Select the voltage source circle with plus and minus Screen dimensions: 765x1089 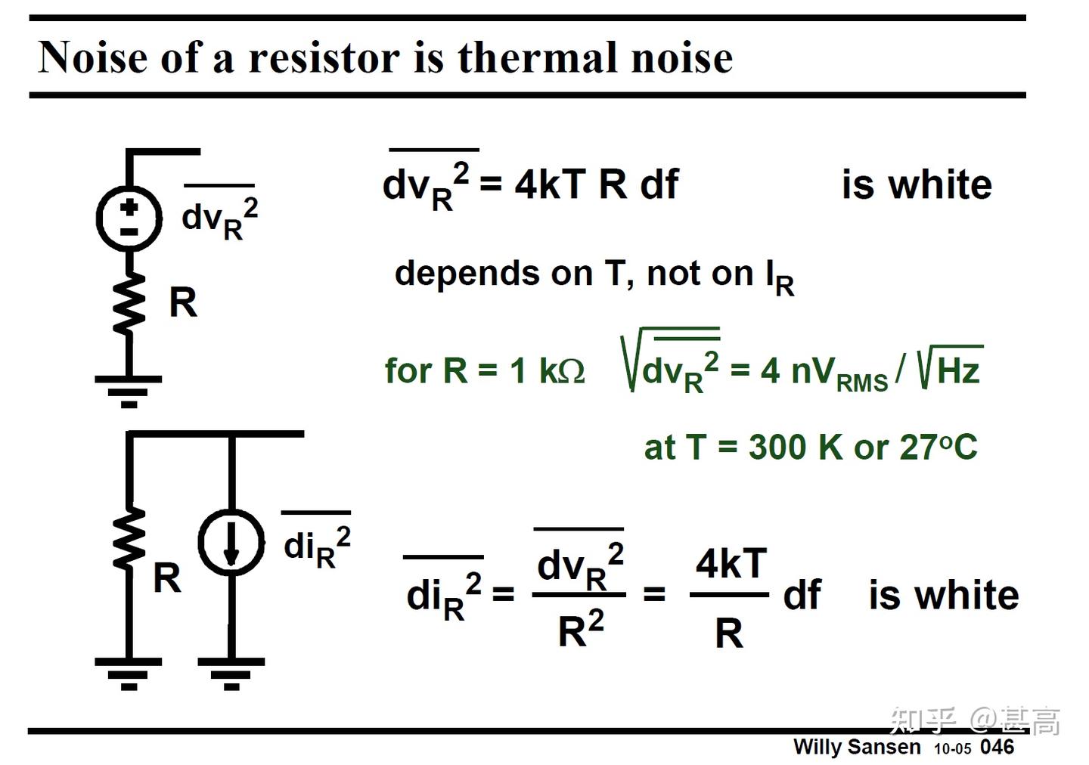(x=129, y=218)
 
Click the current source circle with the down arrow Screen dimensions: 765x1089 (x=231, y=543)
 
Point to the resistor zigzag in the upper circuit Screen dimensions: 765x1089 (x=129, y=302)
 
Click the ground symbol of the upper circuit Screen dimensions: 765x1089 (x=129, y=390)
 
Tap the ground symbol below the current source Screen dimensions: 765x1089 (x=231, y=673)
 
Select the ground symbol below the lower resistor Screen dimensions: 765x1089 (x=129, y=673)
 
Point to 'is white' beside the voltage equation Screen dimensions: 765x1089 (x=917, y=184)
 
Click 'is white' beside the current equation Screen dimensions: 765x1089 (x=943, y=596)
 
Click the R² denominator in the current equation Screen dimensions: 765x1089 (x=580, y=629)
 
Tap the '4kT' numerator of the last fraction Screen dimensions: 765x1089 (x=731, y=564)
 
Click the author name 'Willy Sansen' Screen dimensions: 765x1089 (x=857, y=747)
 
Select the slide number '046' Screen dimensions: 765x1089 (x=997, y=747)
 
